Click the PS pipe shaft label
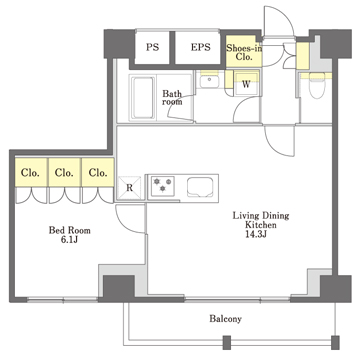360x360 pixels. coord(152,47)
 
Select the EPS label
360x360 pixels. coord(201,47)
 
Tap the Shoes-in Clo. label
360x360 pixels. coord(244,52)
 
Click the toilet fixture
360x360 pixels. coord(316,85)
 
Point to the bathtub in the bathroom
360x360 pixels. coord(143,97)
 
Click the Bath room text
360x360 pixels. coord(172,98)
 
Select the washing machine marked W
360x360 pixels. coord(246,83)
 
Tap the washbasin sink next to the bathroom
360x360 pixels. coord(209,81)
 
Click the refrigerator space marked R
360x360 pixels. coord(129,188)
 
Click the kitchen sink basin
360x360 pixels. coord(200,187)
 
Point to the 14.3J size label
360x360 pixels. coord(255,234)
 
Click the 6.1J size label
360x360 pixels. coord(69,239)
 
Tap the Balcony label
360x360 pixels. coord(225,319)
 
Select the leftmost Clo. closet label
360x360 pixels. coord(31,173)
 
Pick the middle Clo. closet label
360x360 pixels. coord(64,173)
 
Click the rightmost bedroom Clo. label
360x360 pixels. coord(98,173)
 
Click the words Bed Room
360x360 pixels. coord(69,230)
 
